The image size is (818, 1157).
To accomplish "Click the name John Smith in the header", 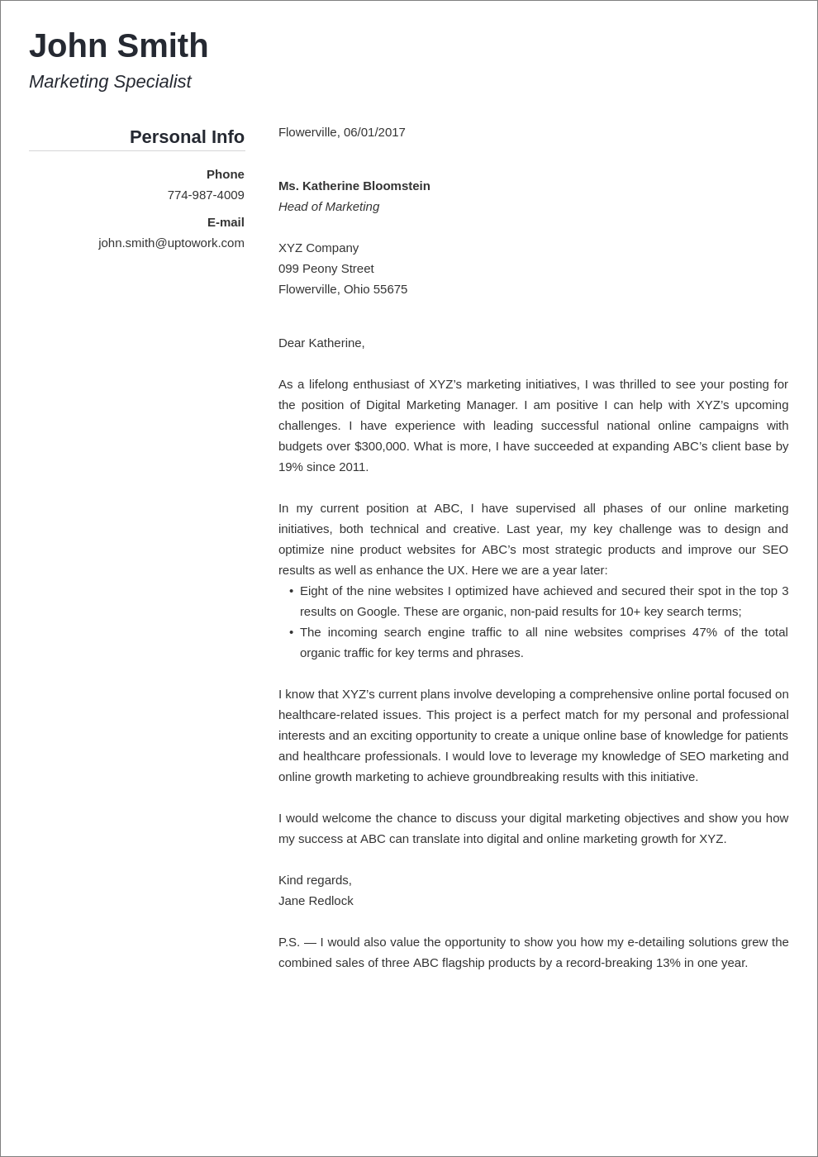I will pyautogui.click(x=118, y=46).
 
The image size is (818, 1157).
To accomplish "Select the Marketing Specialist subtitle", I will pyautogui.click(x=110, y=82).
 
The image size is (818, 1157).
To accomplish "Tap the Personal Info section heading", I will pyautogui.click(x=187, y=137).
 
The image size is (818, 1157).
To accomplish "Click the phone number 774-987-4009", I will pyautogui.click(x=206, y=195).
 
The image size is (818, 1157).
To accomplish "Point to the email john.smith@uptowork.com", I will pyautogui.click(x=171, y=243).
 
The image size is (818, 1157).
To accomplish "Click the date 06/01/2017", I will pyautogui.click(x=374, y=132).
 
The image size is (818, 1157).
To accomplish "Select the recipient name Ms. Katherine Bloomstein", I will pyautogui.click(x=354, y=186).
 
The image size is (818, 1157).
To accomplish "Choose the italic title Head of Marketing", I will pyautogui.click(x=329, y=207).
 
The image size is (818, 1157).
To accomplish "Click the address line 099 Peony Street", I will pyautogui.click(x=326, y=269).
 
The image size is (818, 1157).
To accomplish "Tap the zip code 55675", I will pyautogui.click(x=391, y=289).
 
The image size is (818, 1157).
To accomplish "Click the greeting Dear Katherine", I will pyautogui.click(x=321, y=343).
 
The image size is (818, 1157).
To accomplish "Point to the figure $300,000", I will pyautogui.click(x=381, y=446).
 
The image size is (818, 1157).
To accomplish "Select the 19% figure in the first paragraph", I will pyautogui.click(x=291, y=467).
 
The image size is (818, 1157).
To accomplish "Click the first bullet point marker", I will pyautogui.click(x=291, y=591).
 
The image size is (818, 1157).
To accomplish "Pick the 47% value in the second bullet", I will pyautogui.click(x=704, y=632).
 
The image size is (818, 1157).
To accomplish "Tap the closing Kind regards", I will pyautogui.click(x=315, y=880).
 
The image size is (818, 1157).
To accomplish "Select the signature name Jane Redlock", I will pyautogui.click(x=316, y=901).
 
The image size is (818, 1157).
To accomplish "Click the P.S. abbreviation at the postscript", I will pyautogui.click(x=288, y=942).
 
